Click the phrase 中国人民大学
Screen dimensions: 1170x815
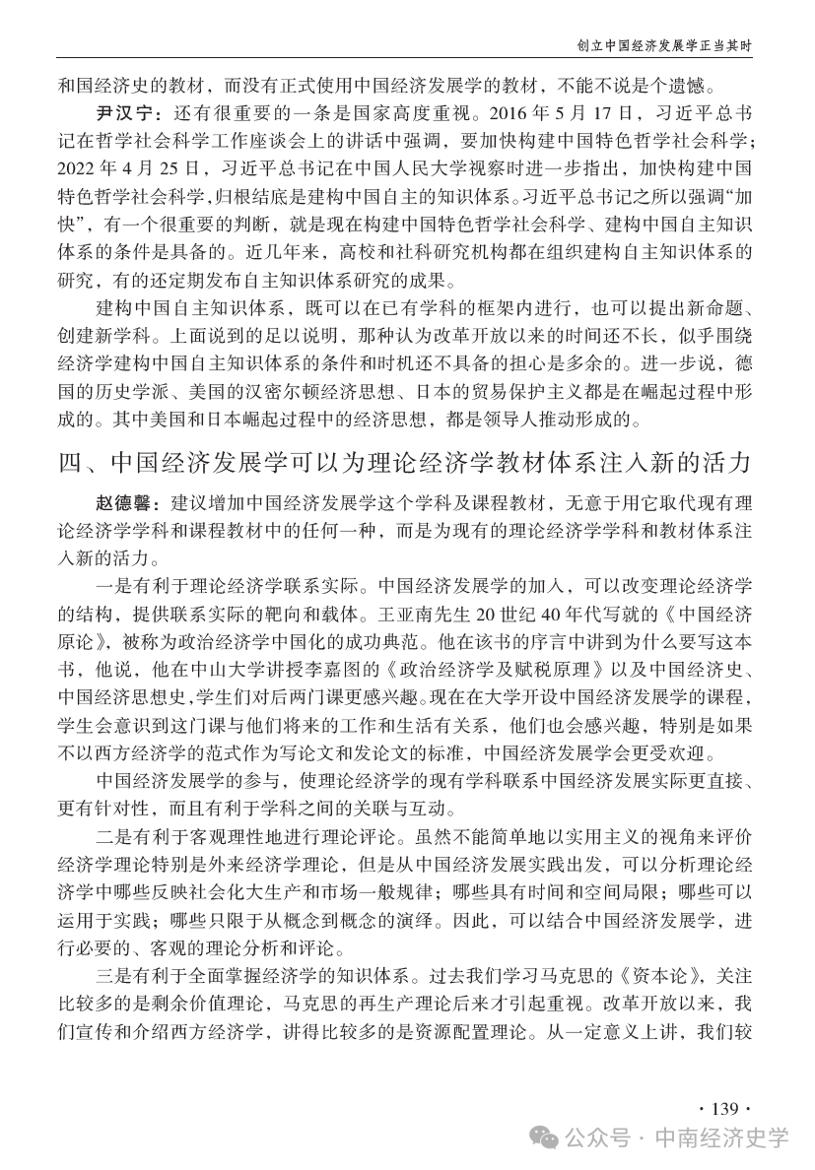pos(413,162)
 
